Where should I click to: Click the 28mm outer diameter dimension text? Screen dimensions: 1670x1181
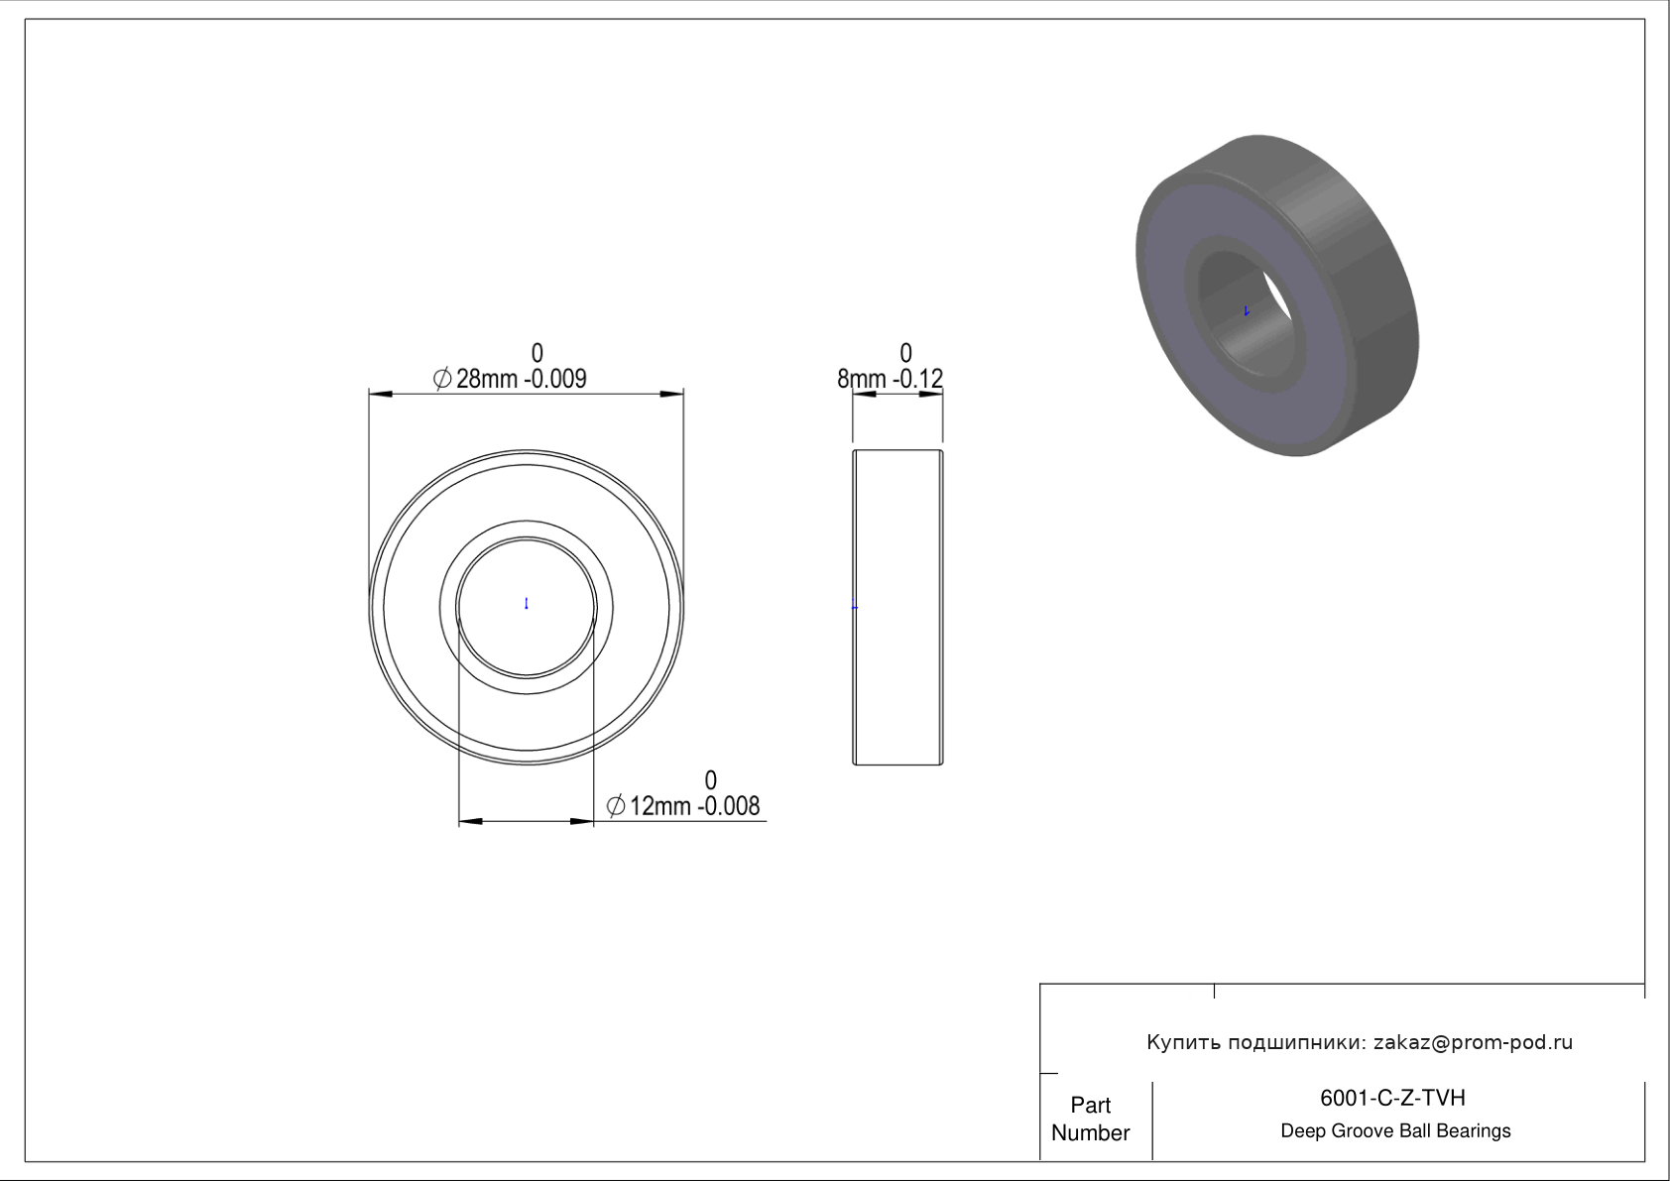487,379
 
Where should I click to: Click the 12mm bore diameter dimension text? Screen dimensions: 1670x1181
660,806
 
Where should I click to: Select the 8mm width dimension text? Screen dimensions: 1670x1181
862,379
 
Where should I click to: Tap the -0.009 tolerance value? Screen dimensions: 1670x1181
555,379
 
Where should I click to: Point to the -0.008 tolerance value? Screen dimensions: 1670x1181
728,806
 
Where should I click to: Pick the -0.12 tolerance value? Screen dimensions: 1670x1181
918,379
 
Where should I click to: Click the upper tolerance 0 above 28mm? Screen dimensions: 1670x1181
537,353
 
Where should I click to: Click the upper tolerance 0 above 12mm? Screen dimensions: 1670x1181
710,779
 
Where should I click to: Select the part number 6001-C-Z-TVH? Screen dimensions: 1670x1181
1392,1098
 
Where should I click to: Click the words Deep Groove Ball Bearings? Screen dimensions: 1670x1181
1395,1131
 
